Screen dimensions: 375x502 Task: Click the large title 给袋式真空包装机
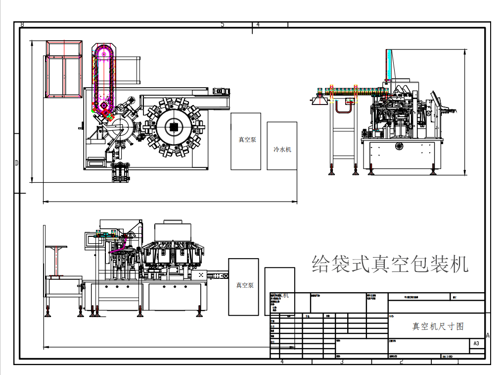390,264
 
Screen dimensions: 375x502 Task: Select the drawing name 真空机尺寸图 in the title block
438,326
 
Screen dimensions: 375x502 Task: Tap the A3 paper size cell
476,343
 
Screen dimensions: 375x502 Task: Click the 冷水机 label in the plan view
282,149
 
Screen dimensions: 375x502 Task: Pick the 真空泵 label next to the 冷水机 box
246,140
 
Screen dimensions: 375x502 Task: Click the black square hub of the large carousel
174,127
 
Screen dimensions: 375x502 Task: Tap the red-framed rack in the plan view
64,69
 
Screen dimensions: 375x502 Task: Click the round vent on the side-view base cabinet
399,146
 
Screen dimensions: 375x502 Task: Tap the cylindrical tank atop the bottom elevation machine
173,232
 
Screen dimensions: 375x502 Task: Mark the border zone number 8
22,24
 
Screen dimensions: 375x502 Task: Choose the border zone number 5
222,24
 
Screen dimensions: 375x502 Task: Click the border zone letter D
16,162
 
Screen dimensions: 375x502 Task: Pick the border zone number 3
341,362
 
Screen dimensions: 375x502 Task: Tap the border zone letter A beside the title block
488,335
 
